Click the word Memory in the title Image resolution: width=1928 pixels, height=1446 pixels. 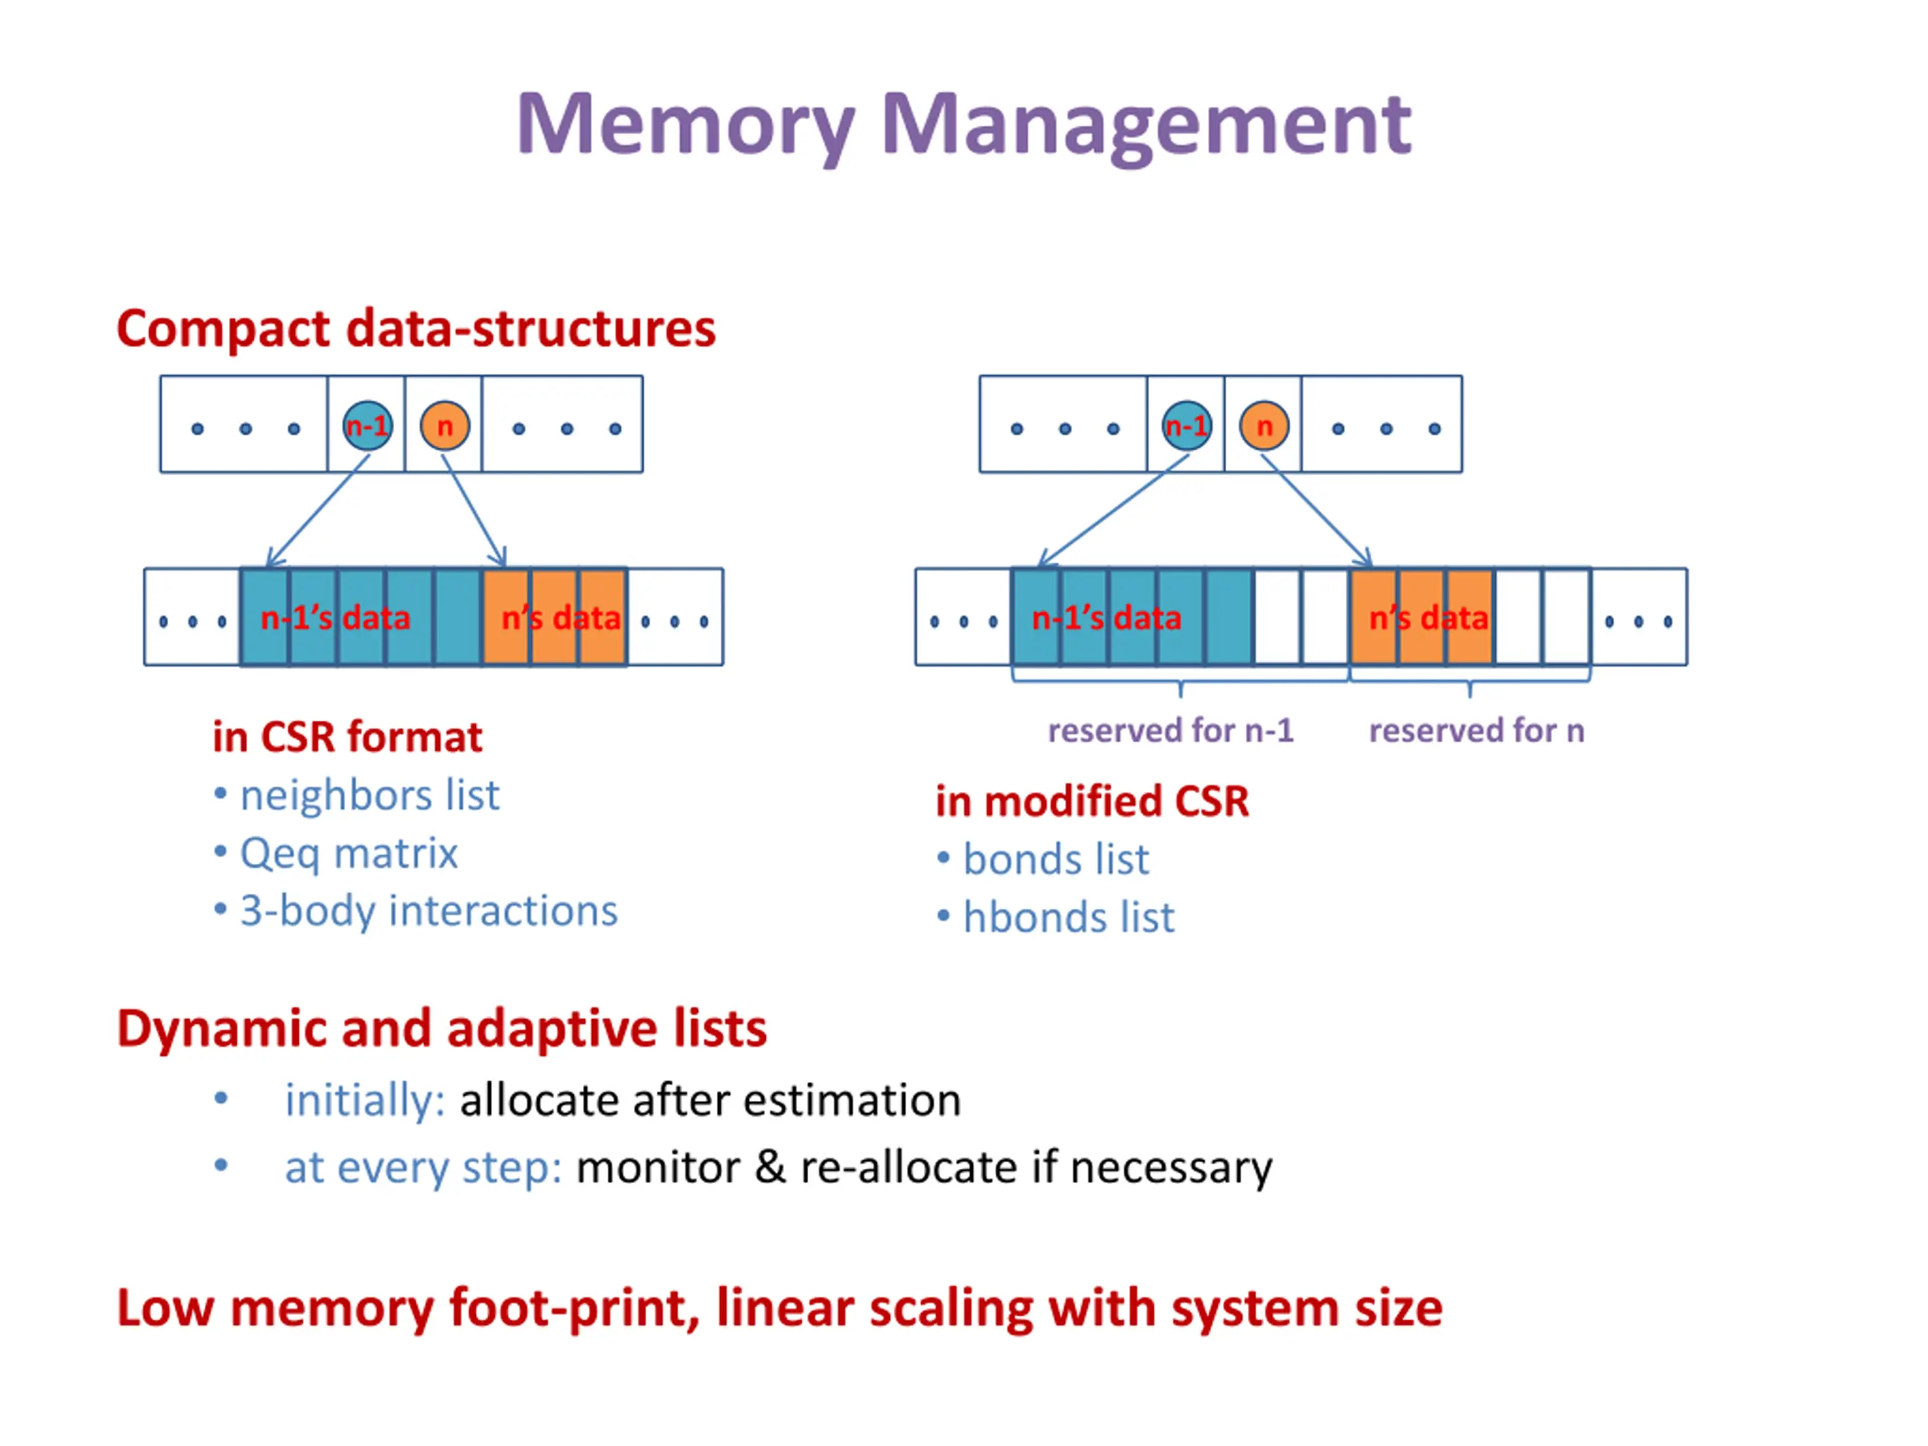686,127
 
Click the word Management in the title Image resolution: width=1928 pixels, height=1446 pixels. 1146,127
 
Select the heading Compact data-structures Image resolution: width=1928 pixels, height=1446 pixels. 416,329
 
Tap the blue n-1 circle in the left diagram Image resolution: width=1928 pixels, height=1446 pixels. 367,426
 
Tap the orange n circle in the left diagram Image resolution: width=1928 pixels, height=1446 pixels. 444,426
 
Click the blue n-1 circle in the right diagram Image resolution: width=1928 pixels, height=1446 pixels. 1187,426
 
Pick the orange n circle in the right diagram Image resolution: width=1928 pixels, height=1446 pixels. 1264,426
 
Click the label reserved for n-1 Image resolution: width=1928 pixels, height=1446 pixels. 1170,731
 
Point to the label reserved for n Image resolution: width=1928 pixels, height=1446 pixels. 1477,731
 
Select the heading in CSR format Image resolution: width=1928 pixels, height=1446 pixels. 347,737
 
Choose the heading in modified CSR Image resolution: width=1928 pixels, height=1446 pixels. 1092,801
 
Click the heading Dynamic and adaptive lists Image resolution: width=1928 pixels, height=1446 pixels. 442,1030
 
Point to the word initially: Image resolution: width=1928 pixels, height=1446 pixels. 365,1101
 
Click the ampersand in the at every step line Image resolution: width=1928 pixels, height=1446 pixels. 770,1168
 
